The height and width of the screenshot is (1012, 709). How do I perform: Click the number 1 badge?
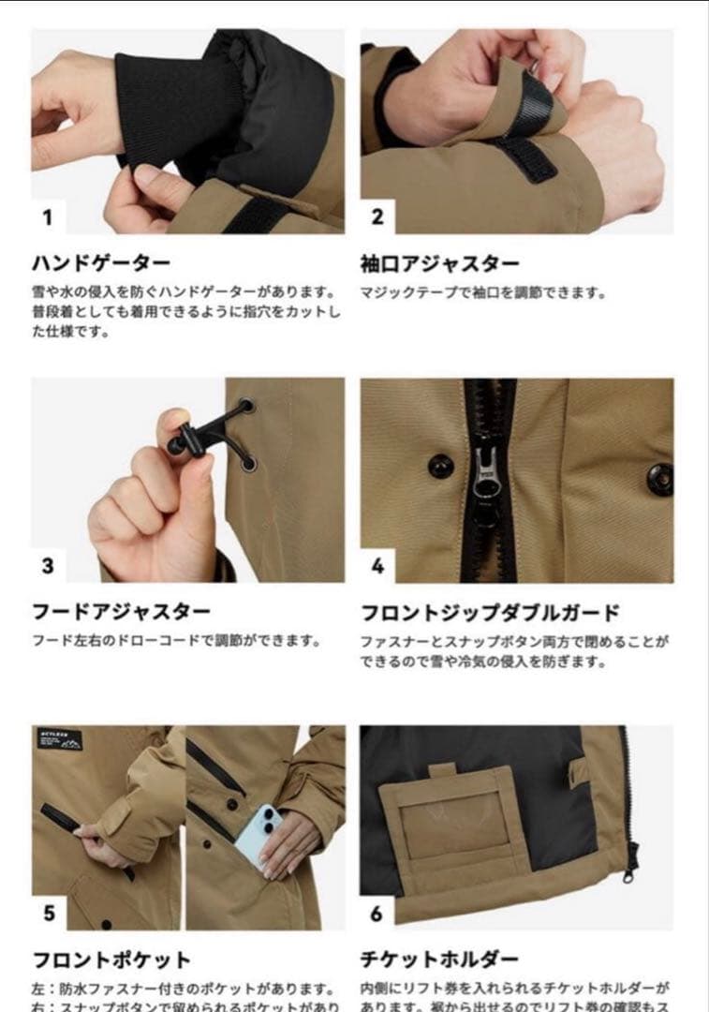pyautogui.click(x=48, y=217)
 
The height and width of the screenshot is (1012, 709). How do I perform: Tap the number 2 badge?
pyautogui.click(x=377, y=217)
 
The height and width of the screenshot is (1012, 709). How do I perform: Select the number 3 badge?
pyautogui.click(x=48, y=566)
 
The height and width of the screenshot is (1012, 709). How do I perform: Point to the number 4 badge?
pyautogui.click(x=377, y=566)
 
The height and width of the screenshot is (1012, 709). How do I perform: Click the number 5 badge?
pyautogui.click(x=49, y=913)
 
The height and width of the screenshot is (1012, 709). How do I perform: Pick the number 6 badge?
pyautogui.click(x=377, y=913)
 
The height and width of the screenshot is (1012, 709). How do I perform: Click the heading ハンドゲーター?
pyautogui.click(x=101, y=263)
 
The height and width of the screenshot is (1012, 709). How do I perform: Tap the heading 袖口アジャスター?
pyautogui.click(x=439, y=263)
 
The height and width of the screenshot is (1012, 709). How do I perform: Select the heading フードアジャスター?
pyautogui.click(x=121, y=612)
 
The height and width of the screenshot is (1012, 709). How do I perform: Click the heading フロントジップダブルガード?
pyautogui.click(x=490, y=613)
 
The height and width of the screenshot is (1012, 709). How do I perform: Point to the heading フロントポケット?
pyautogui.click(x=111, y=960)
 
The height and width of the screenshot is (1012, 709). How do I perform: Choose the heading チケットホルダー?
pyautogui.click(x=439, y=960)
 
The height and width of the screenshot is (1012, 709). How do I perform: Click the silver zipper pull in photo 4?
pyautogui.click(x=486, y=471)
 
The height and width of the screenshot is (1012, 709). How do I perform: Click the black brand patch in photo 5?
pyautogui.click(x=59, y=739)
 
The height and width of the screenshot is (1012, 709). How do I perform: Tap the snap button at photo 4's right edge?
pyautogui.click(x=660, y=478)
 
